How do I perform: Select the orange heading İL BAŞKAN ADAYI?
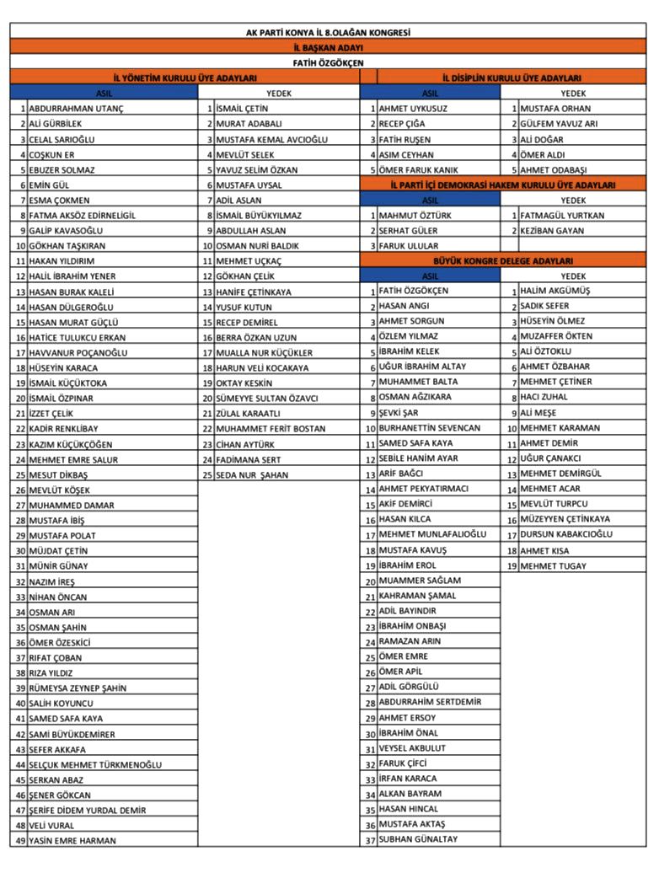pyautogui.click(x=328, y=47)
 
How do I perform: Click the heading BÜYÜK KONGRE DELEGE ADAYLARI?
pyautogui.click(x=503, y=261)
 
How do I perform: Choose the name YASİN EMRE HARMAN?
pyautogui.click(x=72, y=841)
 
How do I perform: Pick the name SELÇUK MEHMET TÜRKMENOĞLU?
pyautogui.click(x=95, y=765)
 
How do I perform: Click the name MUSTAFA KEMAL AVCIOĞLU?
pyautogui.click(x=271, y=140)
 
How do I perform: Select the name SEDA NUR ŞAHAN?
pyautogui.click(x=252, y=475)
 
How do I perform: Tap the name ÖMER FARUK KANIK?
pyautogui.click(x=418, y=170)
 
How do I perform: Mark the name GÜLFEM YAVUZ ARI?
pyautogui.click(x=559, y=124)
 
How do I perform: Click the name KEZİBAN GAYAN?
pyautogui.click(x=552, y=231)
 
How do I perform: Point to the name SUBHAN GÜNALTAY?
pyautogui.click(x=418, y=840)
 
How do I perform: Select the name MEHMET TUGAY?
pyautogui.click(x=553, y=566)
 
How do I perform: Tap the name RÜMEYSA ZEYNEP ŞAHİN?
pyautogui.click(x=78, y=688)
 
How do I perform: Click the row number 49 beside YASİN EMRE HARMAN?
pyautogui.click(x=20, y=841)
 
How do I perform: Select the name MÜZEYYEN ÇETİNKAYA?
pyautogui.click(x=565, y=520)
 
